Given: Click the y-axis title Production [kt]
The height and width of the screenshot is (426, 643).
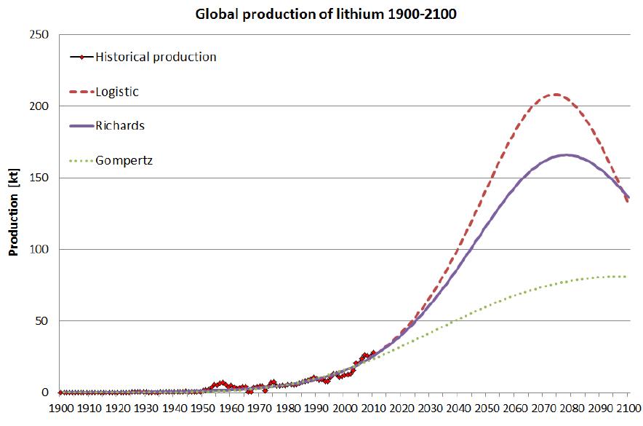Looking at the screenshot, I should tap(13, 213).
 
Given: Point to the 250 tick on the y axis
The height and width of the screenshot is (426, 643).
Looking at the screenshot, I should tap(39, 35).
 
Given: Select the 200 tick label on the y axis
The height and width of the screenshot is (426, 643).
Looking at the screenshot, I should tap(39, 106).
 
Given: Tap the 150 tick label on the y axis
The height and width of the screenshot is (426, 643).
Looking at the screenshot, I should tap(39, 178).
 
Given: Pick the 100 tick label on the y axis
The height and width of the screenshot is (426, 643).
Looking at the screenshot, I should tap(39, 249).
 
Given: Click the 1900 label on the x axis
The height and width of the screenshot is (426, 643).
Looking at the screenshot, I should tap(60, 409).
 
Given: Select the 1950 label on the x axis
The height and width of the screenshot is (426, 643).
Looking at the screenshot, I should tap(202, 409).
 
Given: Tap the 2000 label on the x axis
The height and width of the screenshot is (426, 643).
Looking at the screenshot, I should tap(345, 409).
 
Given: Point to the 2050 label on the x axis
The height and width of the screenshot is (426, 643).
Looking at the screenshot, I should tap(487, 409).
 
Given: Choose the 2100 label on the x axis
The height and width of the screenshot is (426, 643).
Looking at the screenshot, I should tap(628, 409).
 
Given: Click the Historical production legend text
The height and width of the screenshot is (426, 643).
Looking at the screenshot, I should tap(156, 57).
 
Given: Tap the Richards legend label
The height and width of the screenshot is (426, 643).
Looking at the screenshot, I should tap(119, 125).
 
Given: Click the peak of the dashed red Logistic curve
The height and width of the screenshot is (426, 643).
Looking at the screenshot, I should tap(556, 94).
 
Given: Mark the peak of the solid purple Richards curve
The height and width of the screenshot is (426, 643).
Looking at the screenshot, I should tap(566, 154).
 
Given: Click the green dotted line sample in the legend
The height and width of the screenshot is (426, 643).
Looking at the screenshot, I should tap(81, 160).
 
